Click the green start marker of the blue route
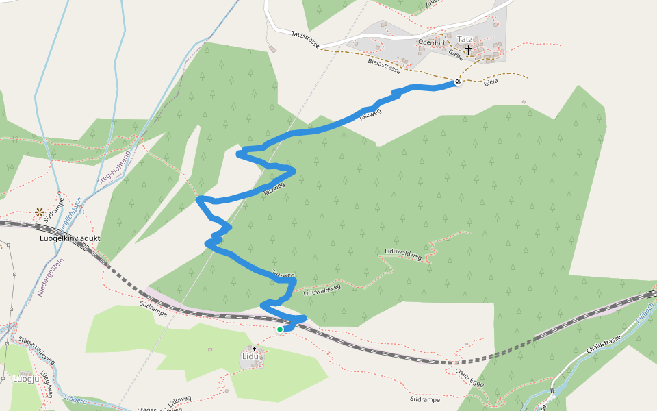(x=280, y=329)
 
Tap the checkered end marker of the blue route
(x=457, y=82)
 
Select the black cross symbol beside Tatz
(x=469, y=50)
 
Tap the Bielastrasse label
(x=384, y=64)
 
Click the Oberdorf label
(x=431, y=42)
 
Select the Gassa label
(x=456, y=55)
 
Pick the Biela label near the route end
(x=491, y=82)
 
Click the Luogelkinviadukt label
(x=71, y=238)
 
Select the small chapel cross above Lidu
(x=254, y=349)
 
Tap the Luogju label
(x=24, y=378)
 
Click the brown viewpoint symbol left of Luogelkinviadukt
(x=40, y=212)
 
